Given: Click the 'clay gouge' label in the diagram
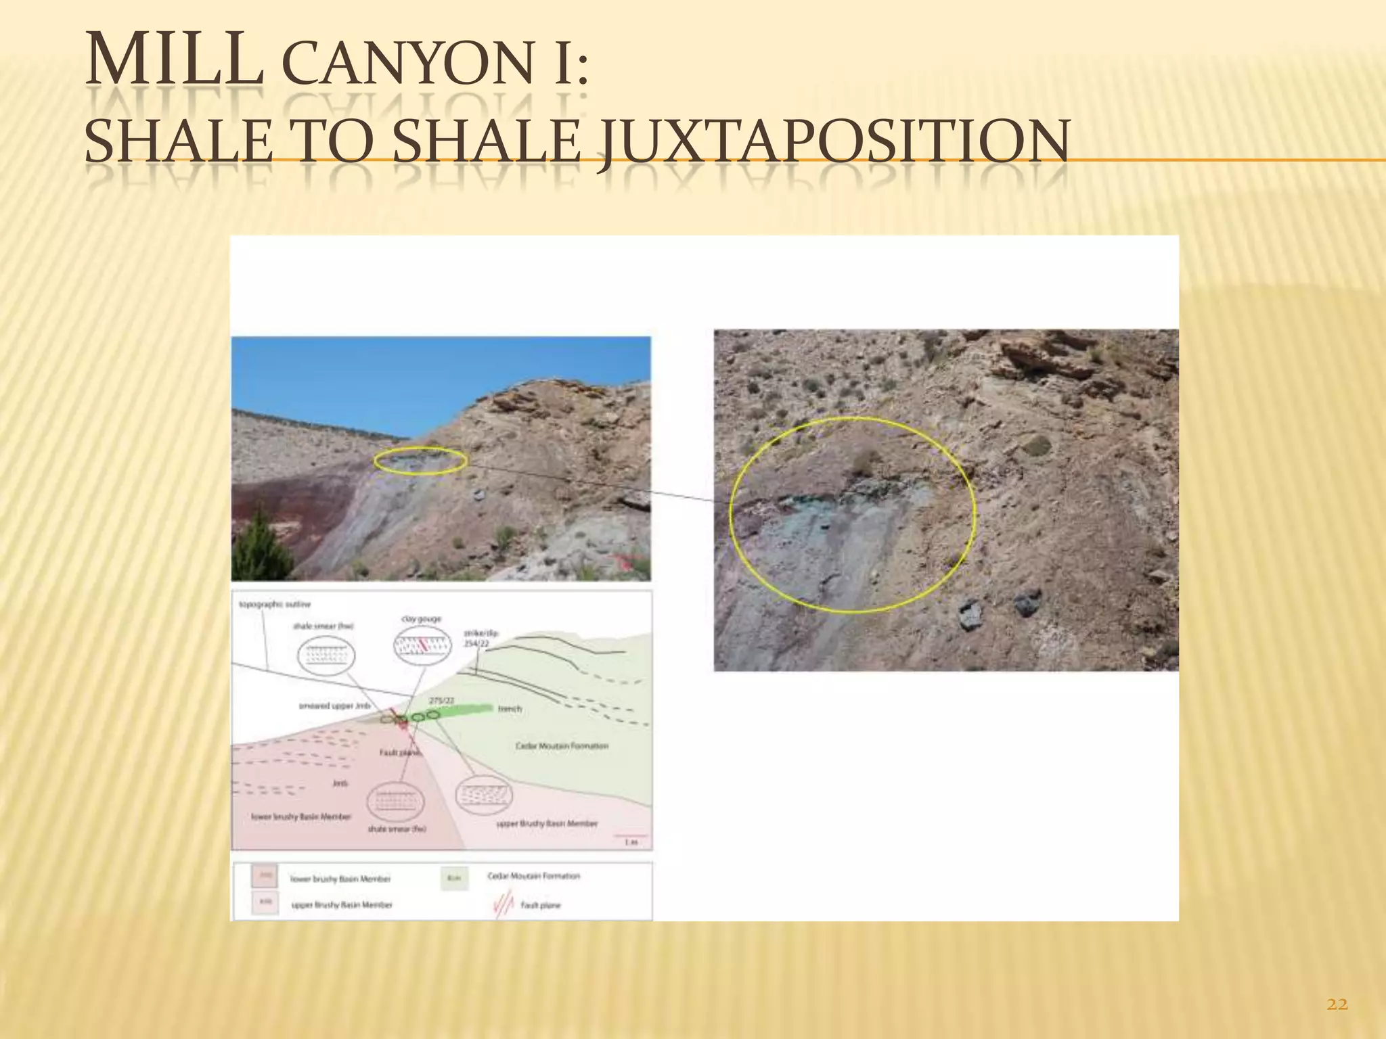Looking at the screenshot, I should coord(422,619).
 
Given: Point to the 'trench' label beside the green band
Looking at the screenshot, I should coord(510,709).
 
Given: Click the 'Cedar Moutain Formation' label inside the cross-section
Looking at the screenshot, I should coord(562,746).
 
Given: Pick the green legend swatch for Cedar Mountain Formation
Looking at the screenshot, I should coord(454,878).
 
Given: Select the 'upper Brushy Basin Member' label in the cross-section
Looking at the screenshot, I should coord(547,824).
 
